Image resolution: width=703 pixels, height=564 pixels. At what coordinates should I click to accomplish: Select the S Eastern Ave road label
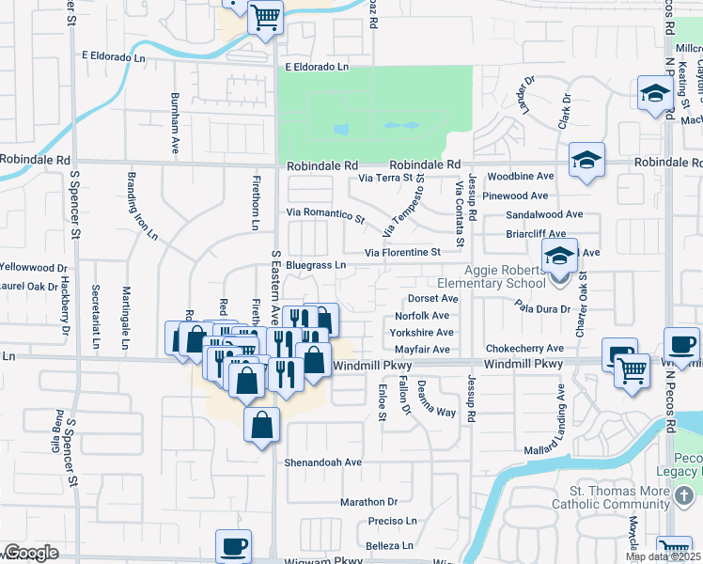coord(275,282)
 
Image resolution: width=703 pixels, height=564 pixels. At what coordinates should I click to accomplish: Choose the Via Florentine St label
coord(402,253)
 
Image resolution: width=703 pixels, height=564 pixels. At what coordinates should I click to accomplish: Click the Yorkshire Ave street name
coord(424,333)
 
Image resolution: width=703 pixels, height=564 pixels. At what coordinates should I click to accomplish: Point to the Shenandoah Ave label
coord(324,462)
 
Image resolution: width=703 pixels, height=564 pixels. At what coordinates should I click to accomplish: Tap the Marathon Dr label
coord(369,502)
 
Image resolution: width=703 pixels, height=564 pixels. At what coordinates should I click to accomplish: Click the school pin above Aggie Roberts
coord(559,256)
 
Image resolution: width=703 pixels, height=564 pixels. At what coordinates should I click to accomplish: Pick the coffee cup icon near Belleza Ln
coord(233,545)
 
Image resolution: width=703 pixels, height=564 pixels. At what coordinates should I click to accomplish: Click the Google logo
coord(31,553)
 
